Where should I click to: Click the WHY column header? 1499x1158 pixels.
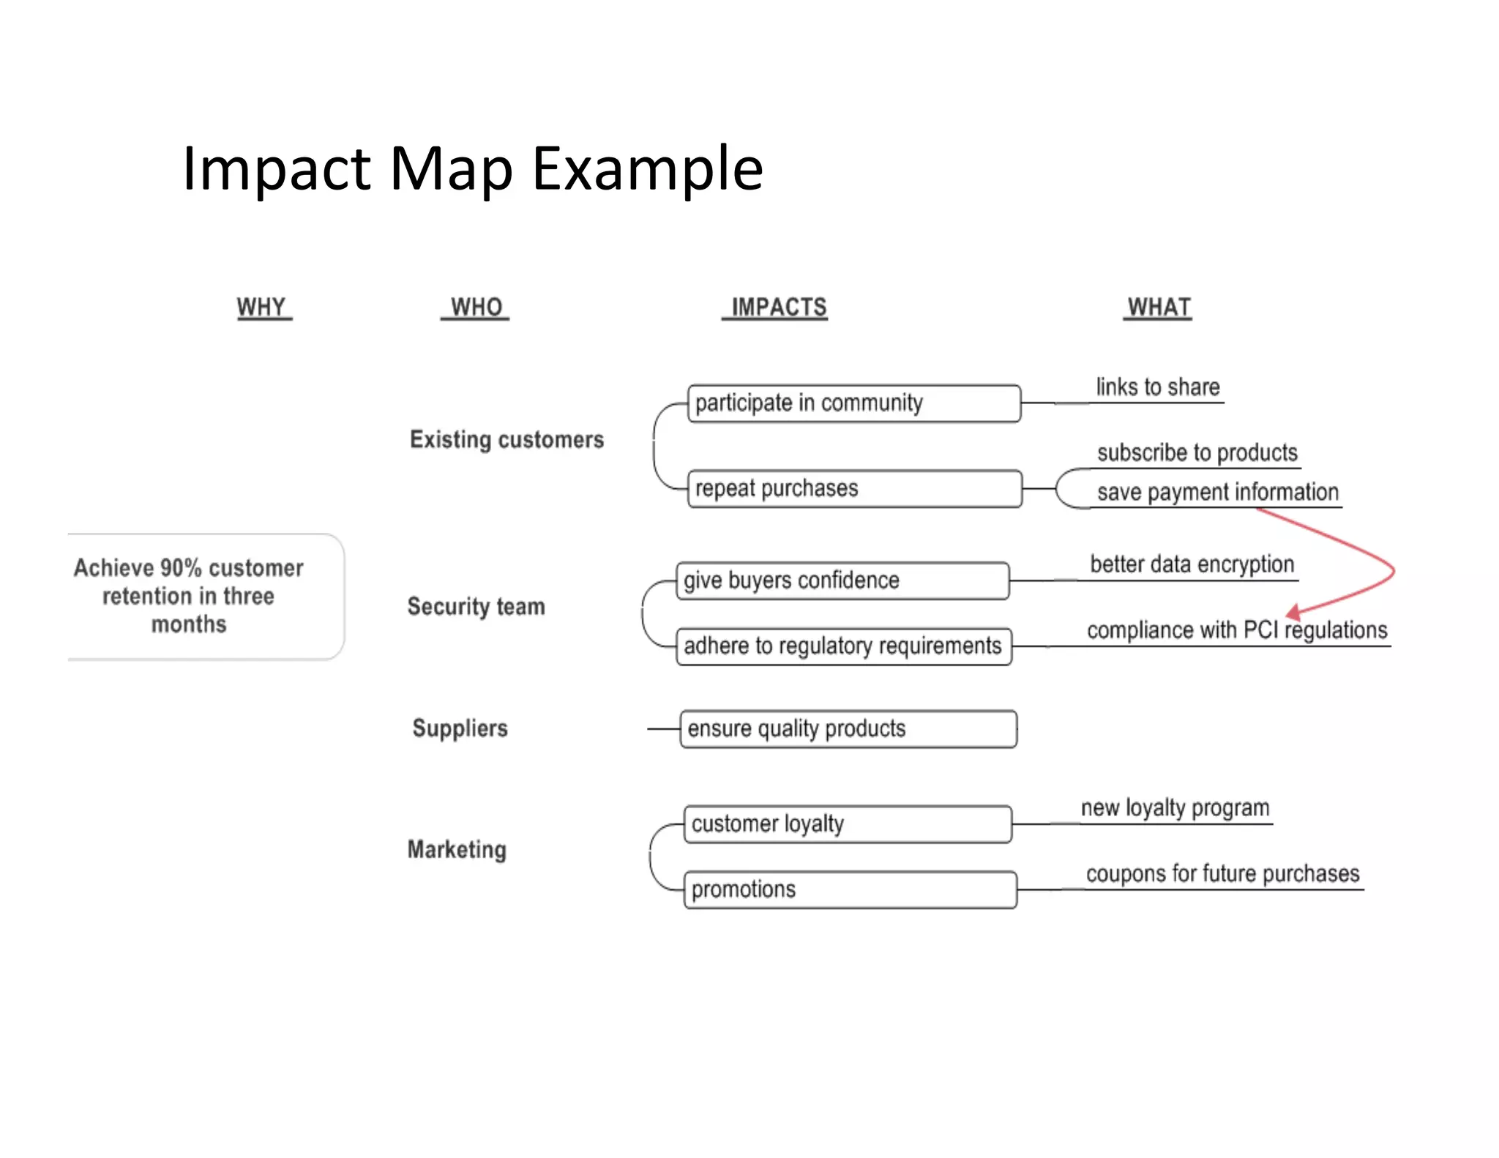261,307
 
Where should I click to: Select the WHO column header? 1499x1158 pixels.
476,307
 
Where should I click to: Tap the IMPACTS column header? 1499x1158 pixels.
778,307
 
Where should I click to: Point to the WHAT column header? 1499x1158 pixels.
1159,307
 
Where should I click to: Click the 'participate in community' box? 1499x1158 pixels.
853,403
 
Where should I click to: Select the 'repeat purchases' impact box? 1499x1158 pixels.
853,488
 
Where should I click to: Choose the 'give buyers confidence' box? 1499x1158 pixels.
842,580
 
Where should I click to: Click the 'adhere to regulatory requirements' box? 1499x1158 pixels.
843,646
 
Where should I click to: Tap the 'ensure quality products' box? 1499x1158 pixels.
848,729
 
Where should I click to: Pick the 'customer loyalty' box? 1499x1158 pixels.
848,824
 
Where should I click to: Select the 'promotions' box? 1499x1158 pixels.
849,889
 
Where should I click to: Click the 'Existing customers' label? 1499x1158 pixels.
506,440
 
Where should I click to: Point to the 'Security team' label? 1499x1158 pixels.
476,607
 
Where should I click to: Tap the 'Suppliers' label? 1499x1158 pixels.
460,728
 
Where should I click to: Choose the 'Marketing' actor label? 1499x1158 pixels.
457,850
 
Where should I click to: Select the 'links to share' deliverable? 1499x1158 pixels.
1157,387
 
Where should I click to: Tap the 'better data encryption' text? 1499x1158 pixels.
1192,564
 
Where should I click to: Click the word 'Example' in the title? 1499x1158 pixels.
647,170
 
